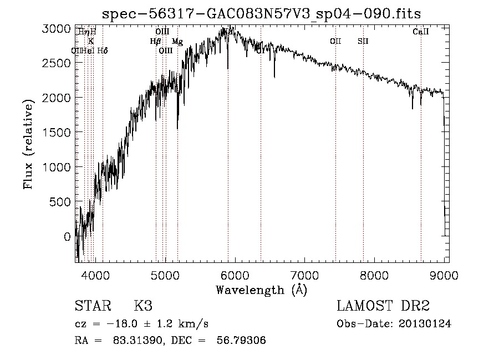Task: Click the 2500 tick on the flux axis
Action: click(57, 63)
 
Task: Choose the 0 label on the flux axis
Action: click(67, 237)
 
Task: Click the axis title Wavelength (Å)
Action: click(261, 290)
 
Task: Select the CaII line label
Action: click(421, 32)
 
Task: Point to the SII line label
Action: click(363, 41)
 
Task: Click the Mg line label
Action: click(177, 41)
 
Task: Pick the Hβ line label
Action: click(155, 41)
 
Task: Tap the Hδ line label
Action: click(102, 50)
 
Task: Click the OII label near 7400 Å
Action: click(335, 41)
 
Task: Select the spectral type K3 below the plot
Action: click(143, 306)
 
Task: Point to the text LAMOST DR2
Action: click(383, 306)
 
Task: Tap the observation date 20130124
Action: click(425, 324)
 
